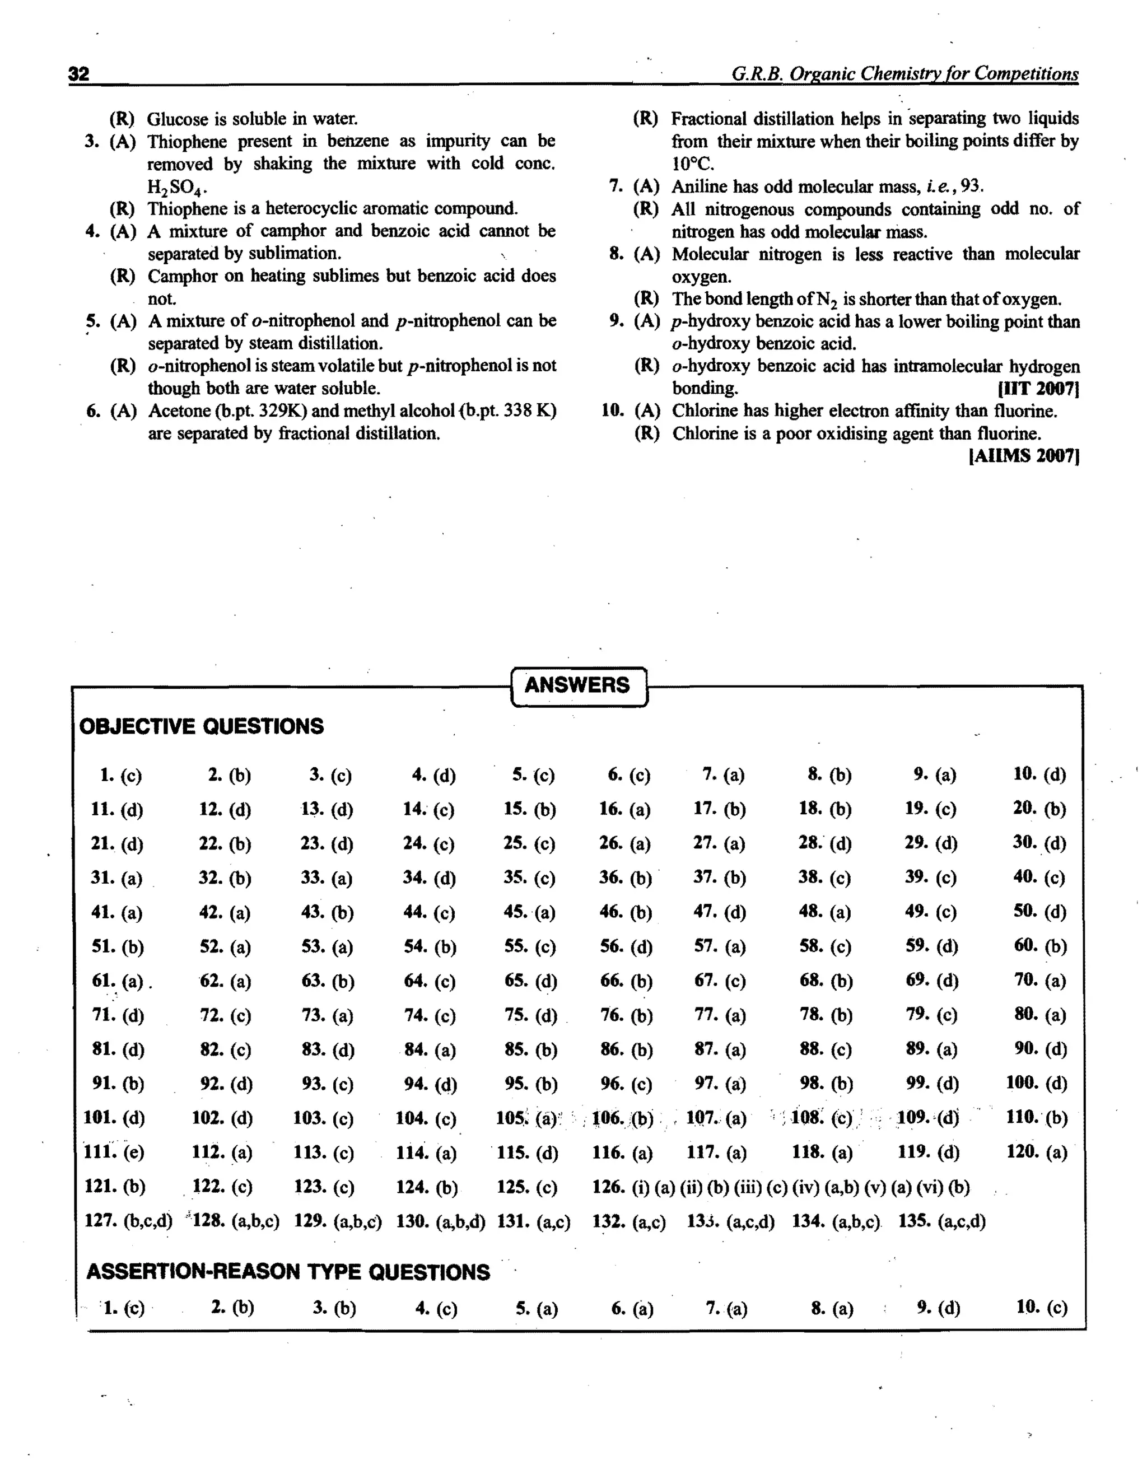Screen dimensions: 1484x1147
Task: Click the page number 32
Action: pyautogui.click(x=79, y=73)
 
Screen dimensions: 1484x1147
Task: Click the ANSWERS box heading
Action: pyautogui.click(x=577, y=685)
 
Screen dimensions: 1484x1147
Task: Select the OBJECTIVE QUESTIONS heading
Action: pyautogui.click(x=201, y=726)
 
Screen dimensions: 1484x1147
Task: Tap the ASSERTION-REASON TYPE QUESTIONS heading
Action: pyautogui.click(x=287, y=1272)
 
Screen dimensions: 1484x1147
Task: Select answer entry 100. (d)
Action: pyautogui.click(x=1036, y=1082)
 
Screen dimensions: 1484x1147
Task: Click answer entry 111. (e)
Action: pyautogui.click(x=114, y=1152)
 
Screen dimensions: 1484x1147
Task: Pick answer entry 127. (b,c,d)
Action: pyautogui.click(x=128, y=1221)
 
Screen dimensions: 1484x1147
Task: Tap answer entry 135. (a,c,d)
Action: pyautogui.click(x=942, y=1221)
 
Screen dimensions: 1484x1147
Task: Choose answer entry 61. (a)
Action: pyautogui.click(x=117, y=981)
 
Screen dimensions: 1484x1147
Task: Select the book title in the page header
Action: pyautogui.click(x=904, y=73)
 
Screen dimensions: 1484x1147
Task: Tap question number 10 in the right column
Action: pyautogui.click(x=612, y=410)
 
